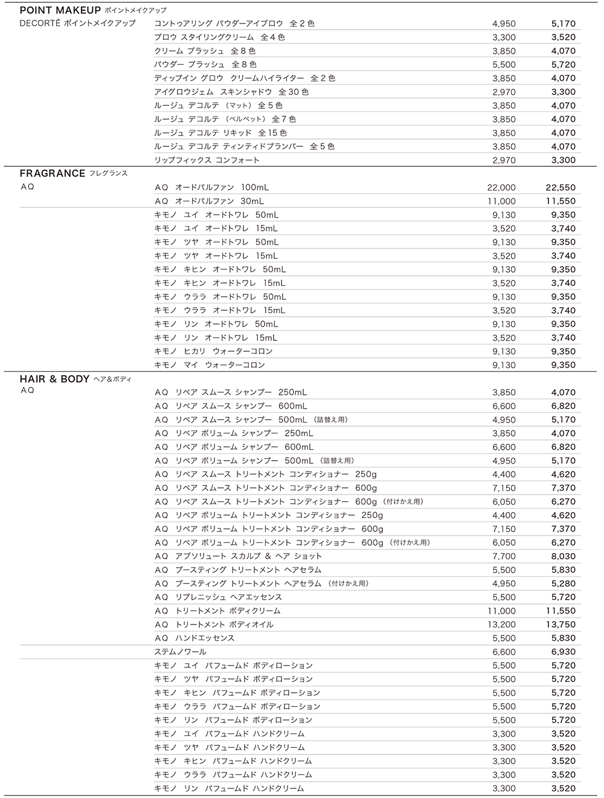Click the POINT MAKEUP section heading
click(60, 10)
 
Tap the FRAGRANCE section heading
click(53, 174)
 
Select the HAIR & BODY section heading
click(54, 379)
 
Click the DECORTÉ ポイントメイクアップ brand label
click(77, 24)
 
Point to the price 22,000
click(501, 187)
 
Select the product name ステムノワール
click(180, 652)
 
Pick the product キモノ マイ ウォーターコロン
click(209, 365)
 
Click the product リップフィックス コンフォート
click(207, 160)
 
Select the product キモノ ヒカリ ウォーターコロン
click(213, 351)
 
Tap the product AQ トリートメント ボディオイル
click(214, 624)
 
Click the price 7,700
click(504, 556)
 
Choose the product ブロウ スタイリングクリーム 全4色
click(219, 37)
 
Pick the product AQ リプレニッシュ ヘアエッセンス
click(218, 597)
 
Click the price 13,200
click(501, 624)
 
